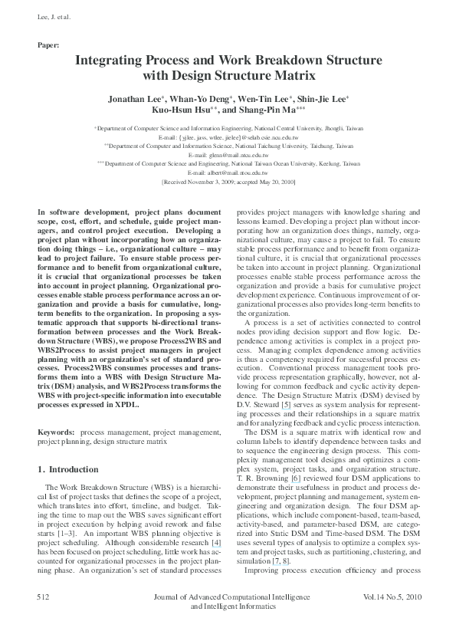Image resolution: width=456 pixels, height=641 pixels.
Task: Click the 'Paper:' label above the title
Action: [x=48, y=45]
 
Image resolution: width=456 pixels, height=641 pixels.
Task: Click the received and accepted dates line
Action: [x=228, y=183]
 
